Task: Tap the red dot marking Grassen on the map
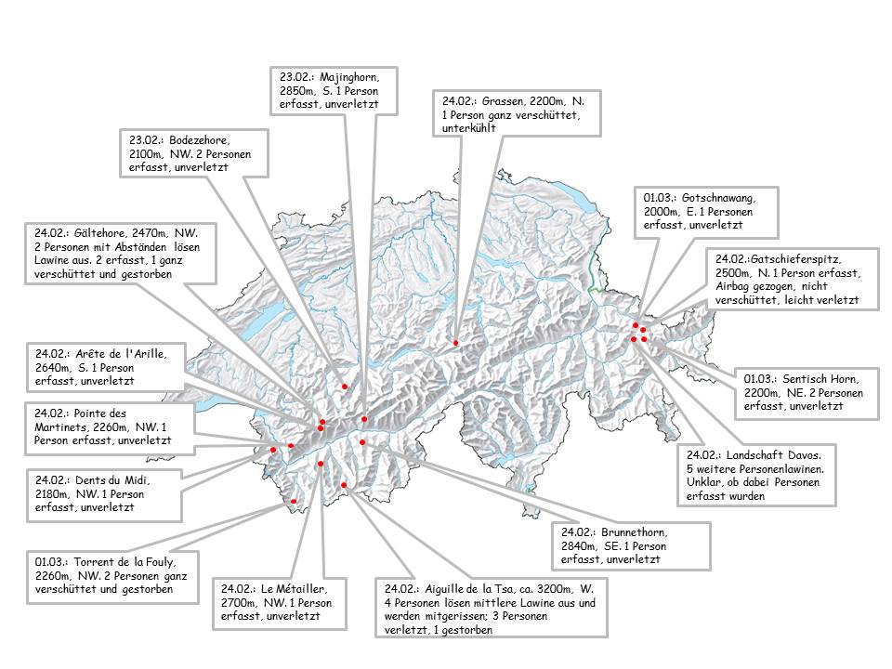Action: (x=455, y=343)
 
